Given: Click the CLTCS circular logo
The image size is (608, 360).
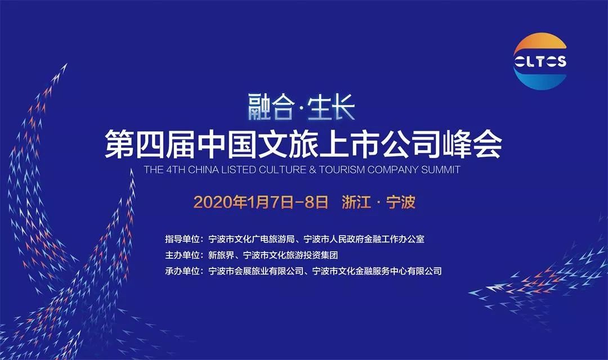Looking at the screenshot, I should pyautogui.click(x=540, y=62).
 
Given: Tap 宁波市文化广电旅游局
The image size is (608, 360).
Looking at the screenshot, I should pyautogui.click(x=251, y=238).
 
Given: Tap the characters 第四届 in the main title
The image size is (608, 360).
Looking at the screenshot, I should pyautogui.click(x=135, y=145).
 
